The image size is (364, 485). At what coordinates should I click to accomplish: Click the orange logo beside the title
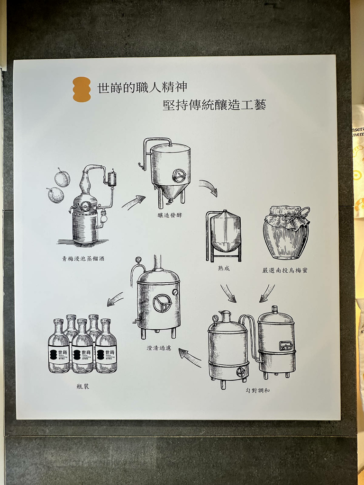pyautogui.click(x=82, y=90)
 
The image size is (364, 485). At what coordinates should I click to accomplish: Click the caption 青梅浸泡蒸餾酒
pyautogui.click(x=83, y=259)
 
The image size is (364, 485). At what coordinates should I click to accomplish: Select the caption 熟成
pyautogui.click(x=223, y=269)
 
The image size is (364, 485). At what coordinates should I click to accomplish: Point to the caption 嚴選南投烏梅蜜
pyautogui.click(x=285, y=270)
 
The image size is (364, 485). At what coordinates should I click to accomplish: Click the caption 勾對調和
pyautogui.click(x=258, y=390)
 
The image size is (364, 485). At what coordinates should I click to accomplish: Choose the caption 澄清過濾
pyautogui.click(x=159, y=347)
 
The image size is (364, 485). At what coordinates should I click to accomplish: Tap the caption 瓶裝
pyautogui.click(x=82, y=386)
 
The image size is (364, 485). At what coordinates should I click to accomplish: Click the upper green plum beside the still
pyautogui.click(x=62, y=178)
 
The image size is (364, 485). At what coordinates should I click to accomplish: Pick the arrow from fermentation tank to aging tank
pyautogui.click(x=209, y=187)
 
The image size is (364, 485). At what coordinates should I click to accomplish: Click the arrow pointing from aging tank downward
pyautogui.click(x=228, y=293)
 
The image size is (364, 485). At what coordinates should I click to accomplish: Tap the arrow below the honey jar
pyautogui.click(x=267, y=293)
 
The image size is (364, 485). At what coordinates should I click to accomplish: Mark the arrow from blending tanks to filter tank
pyautogui.click(x=190, y=357)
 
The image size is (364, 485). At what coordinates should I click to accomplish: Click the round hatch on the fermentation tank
pyautogui.click(x=179, y=176)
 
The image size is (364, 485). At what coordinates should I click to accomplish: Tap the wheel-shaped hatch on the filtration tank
pyautogui.click(x=162, y=303)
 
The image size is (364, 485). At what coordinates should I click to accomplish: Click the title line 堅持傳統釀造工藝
pyautogui.click(x=214, y=105)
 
